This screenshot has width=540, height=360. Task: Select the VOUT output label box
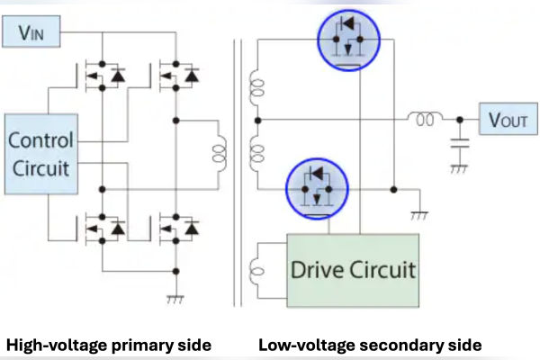click(508, 119)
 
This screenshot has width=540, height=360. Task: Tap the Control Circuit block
click(40, 154)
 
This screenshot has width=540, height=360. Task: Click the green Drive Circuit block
click(352, 268)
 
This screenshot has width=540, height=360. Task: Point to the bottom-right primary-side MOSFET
click(177, 229)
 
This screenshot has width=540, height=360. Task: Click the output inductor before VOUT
click(423, 118)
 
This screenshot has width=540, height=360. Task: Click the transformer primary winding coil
click(218, 153)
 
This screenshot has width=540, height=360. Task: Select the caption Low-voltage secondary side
click(370, 344)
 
